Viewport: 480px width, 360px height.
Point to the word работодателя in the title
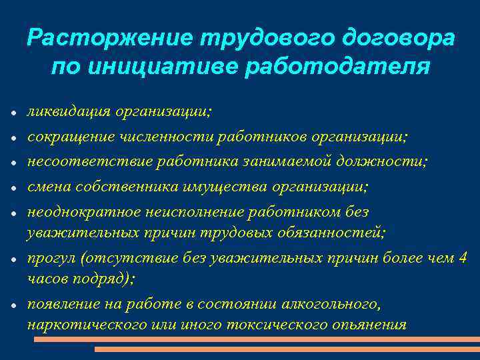[337, 67]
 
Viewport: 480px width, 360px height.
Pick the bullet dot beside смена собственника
[13, 189]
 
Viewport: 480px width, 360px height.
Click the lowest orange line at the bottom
[287, 349]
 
